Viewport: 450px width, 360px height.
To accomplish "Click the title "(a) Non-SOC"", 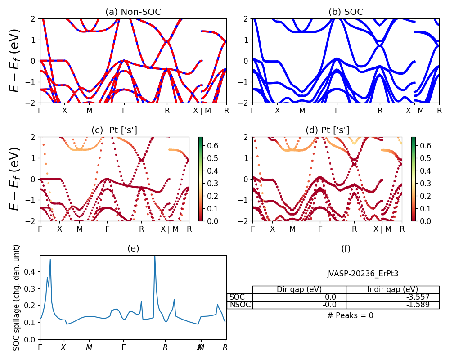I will point(133,12).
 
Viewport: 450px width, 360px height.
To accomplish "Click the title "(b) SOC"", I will point(346,12).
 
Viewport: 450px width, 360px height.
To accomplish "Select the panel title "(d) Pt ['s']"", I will point(327,130).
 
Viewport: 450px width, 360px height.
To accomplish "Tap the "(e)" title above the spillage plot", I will point(133,248).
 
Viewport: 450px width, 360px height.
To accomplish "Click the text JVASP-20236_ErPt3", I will point(363,273).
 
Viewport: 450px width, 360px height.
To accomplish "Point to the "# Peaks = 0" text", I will point(350,315).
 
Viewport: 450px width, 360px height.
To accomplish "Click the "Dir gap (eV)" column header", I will point(299,289).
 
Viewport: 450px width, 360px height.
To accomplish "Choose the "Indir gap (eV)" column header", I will point(392,289).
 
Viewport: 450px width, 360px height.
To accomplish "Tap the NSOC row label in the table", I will point(240,305).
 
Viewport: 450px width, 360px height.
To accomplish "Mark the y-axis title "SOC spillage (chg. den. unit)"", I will point(17,297).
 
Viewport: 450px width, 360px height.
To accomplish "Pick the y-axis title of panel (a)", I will point(15,60).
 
